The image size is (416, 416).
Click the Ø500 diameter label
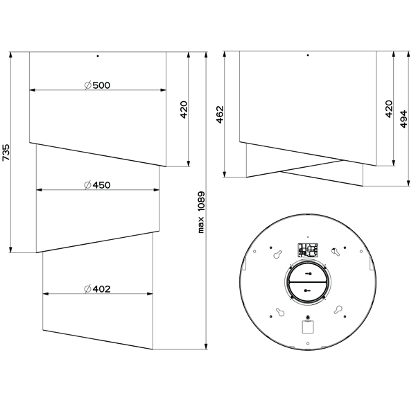click(x=97, y=85)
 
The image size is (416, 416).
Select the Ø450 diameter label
click(x=97, y=185)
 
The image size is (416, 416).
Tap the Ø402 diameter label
click(x=97, y=289)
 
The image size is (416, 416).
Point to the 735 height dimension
click(x=6, y=153)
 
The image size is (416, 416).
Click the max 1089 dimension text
click(x=201, y=212)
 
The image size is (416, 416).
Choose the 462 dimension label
click(x=220, y=114)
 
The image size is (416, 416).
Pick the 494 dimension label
click(x=404, y=119)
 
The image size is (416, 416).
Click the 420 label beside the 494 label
click(x=389, y=109)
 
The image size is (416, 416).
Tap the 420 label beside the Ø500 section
click(x=184, y=110)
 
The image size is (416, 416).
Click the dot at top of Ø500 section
click(x=98, y=56)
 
